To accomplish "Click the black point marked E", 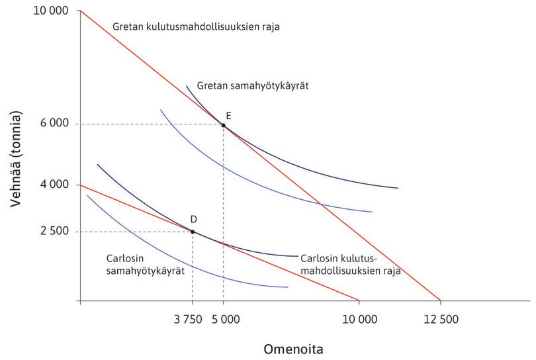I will (x=224, y=125).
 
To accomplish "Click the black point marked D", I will (x=193, y=232).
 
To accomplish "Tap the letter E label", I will (x=228, y=115).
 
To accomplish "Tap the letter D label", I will (x=193, y=219).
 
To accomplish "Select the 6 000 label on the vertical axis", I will (x=54, y=124).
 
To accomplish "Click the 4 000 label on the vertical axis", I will (x=54, y=184).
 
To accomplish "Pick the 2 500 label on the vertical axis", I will (x=54, y=232).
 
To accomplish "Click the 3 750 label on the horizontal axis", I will (x=187, y=319).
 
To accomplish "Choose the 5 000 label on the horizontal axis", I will (x=225, y=319).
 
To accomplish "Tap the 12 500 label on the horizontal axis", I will (x=439, y=319).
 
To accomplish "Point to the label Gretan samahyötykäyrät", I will (x=253, y=86).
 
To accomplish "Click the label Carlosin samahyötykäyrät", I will (x=145, y=264).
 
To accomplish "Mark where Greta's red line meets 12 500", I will (x=440, y=300).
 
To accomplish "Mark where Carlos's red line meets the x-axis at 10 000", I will (x=359, y=300).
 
